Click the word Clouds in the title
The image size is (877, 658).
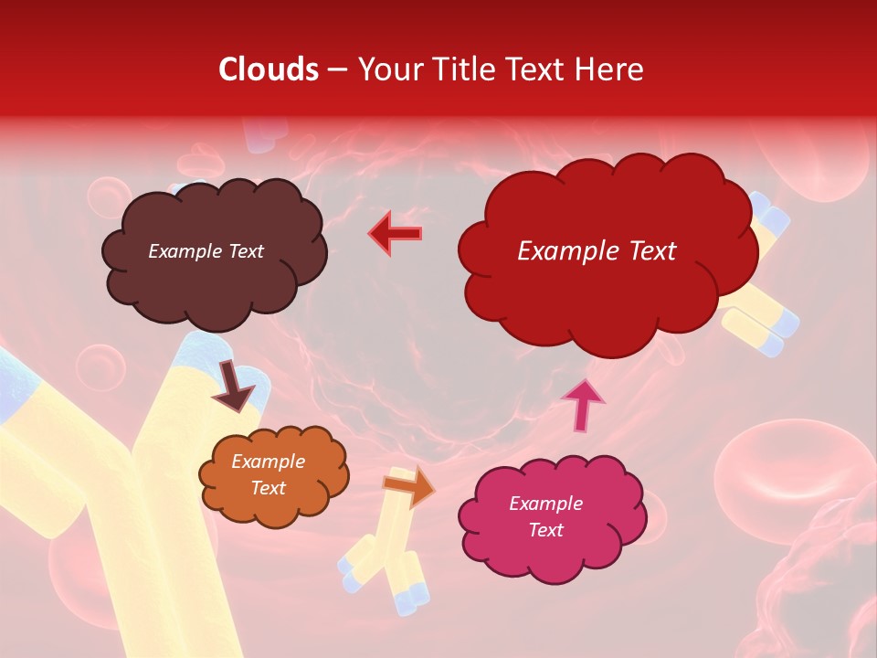tap(269, 69)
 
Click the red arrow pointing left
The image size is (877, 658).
tap(396, 233)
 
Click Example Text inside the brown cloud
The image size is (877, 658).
tap(206, 251)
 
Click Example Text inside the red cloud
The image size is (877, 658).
tap(597, 251)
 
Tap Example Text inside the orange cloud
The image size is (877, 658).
tap(268, 475)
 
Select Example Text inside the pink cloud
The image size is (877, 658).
tap(545, 517)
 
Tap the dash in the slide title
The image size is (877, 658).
tap(337, 69)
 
